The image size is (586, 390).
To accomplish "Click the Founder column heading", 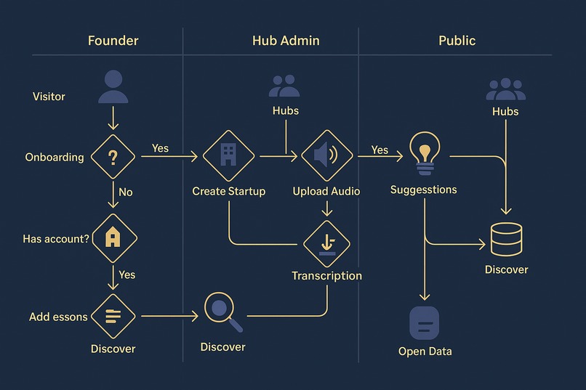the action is [113, 41].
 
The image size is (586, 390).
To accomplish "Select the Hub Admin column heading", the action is [286, 41].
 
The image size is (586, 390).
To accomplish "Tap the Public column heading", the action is [457, 41].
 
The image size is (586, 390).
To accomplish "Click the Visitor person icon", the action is [113, 86].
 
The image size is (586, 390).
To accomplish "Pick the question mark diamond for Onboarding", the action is [113, 157].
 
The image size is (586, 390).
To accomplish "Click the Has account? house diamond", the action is [114, 238].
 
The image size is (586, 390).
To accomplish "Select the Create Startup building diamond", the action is [229, 155].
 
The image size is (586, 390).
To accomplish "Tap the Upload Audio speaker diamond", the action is [327, 155].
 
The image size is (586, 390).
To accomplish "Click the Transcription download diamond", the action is [326, 244].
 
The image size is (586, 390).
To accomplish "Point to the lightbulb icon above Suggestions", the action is [425, 153].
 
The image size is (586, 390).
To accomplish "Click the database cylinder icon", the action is [507, 239].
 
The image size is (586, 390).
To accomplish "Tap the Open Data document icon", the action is [424, 323].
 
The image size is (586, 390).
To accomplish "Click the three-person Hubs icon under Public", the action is [505, 89].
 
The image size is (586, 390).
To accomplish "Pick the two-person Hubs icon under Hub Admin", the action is [284, 86].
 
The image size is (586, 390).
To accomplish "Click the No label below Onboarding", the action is [126, 192].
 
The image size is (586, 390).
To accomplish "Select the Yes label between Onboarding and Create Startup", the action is [160, 148].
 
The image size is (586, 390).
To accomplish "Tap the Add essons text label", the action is [58, 317].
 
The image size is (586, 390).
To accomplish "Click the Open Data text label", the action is [425, 352].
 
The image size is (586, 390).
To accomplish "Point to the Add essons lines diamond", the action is [113, 317].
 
